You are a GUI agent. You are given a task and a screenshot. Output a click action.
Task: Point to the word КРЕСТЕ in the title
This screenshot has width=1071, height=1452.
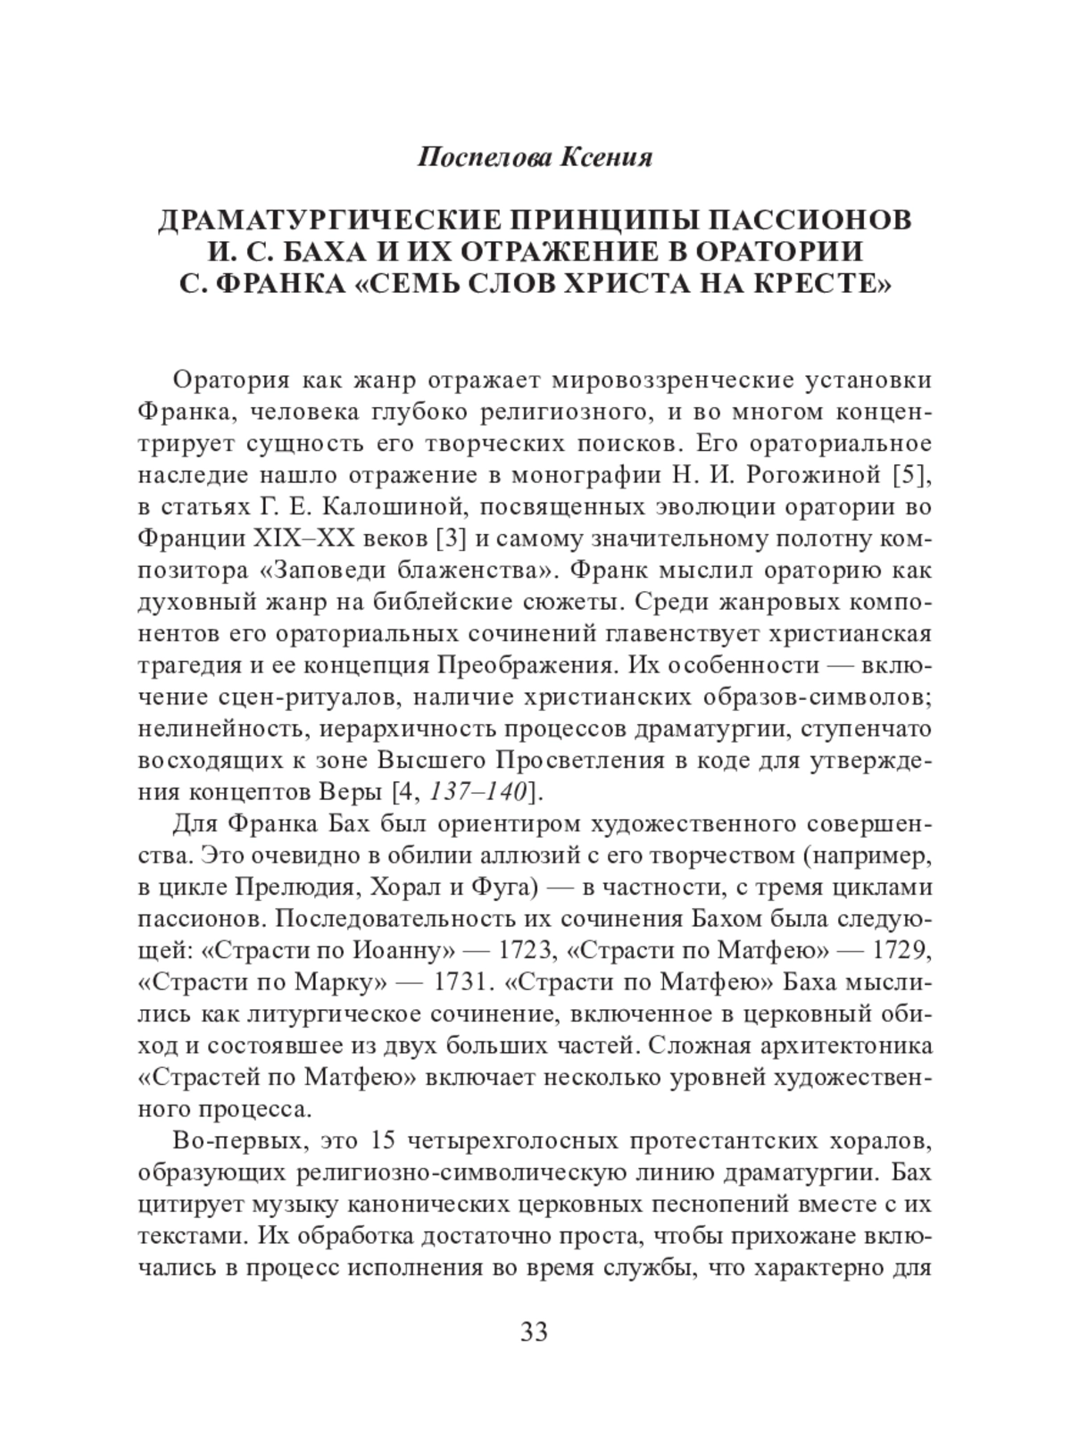tap(818, 287)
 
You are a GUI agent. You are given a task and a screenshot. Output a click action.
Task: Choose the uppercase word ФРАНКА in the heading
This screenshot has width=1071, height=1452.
tap(279, 287)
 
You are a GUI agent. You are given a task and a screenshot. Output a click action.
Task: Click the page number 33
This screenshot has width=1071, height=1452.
tap(534, 1332)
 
